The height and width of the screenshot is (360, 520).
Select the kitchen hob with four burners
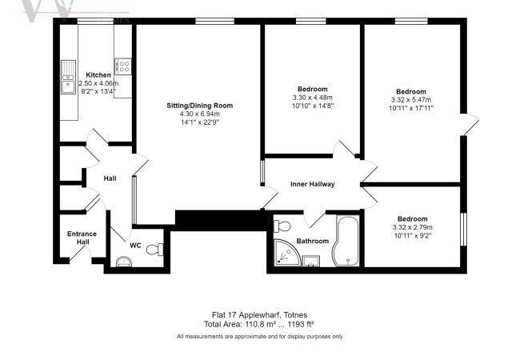click(122, 65)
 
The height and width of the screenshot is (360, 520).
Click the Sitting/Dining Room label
click(199, 106)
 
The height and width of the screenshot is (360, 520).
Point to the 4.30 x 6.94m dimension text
click(199, 114)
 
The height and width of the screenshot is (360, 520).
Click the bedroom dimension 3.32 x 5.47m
click(411, 100)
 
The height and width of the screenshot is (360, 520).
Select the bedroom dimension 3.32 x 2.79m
click(411, 227)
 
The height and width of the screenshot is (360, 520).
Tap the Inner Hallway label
click(312, 185)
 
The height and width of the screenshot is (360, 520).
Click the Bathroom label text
click(312, 241)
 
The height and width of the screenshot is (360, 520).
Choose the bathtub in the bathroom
click(347, 239)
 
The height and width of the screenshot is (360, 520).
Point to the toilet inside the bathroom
click(281, 225)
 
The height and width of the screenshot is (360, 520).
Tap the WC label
click(135, 246)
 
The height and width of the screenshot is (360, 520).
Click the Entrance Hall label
click(81, 238)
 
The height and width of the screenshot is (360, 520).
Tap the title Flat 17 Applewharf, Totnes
click(259, 314)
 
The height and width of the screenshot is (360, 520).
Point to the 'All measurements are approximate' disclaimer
click(259, 337)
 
